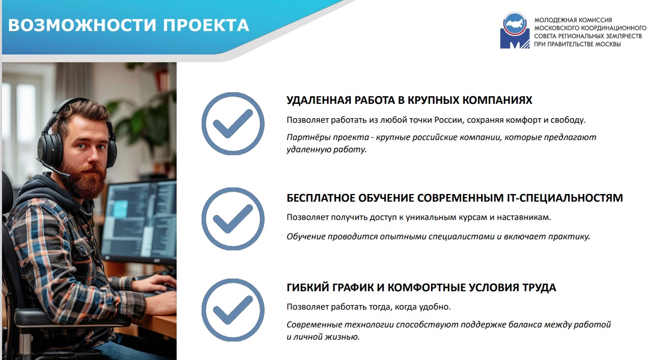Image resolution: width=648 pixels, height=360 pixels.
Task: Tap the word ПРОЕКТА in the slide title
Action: [206, 25]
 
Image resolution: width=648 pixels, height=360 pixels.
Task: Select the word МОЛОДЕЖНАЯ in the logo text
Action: [552, 20]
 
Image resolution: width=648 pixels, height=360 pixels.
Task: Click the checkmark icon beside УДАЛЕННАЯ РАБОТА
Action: [233, 124]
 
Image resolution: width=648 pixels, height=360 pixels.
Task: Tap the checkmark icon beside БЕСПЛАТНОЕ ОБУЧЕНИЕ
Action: [233, 219]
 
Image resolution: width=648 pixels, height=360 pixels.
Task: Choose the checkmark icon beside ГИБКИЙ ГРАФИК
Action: [233, 310]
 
